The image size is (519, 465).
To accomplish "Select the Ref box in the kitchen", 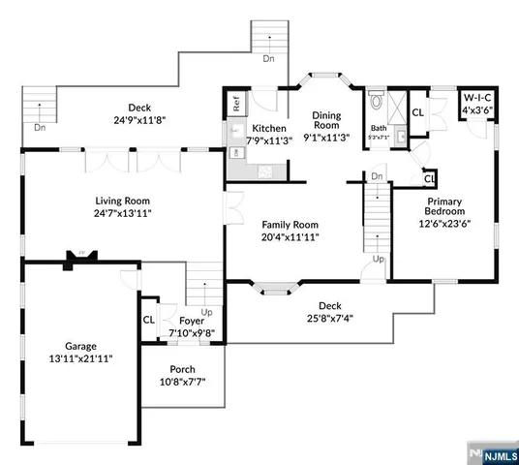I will [x=235, y=100].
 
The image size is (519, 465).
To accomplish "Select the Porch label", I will [x=182, y=369].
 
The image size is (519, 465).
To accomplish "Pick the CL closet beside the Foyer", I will [x=149, y=320].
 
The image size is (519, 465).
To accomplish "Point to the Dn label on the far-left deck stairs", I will [x=39, y=127].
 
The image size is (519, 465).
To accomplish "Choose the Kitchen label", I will [x=267, y=128].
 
